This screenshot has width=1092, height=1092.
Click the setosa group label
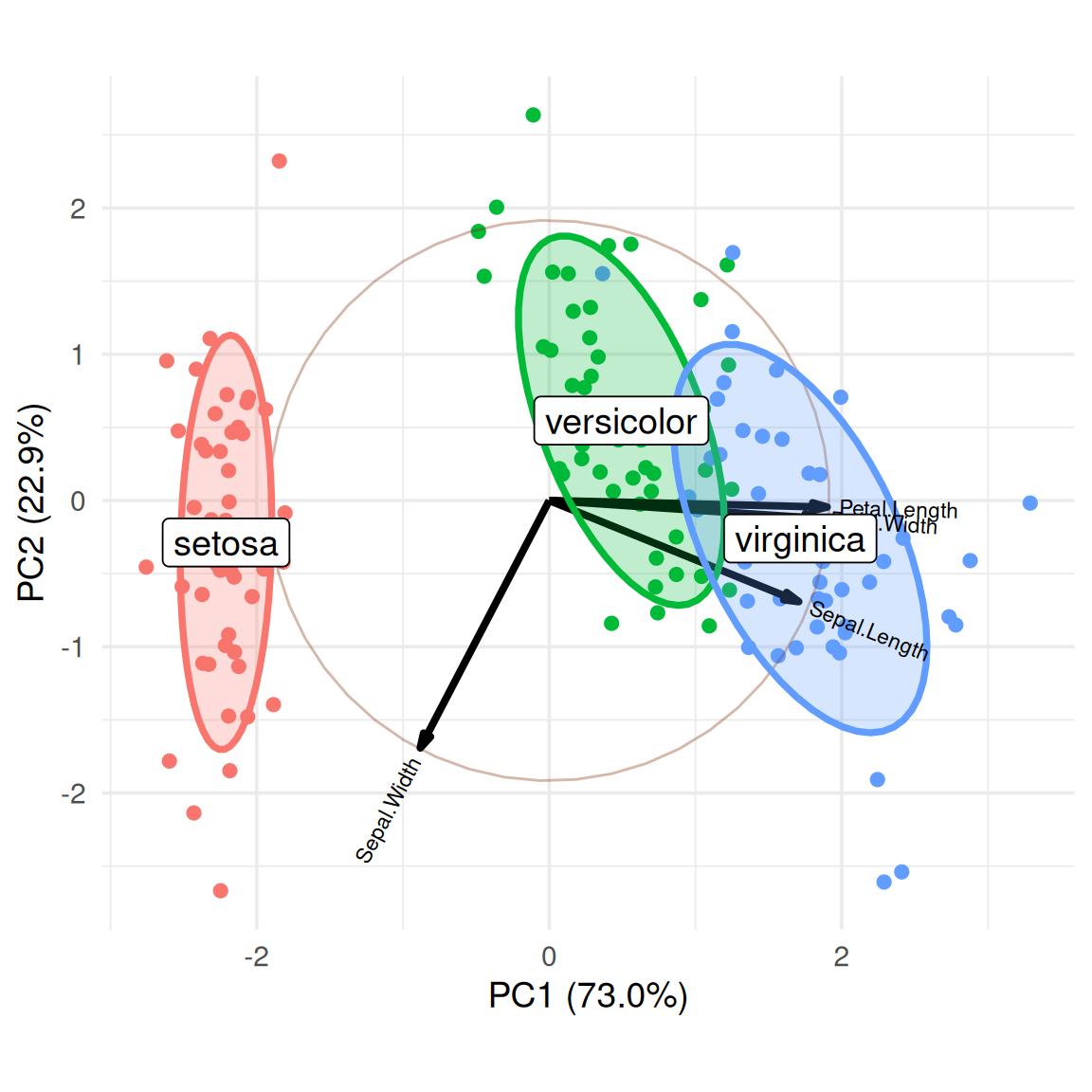click(226, 543)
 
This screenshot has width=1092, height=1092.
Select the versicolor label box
click(621, 422)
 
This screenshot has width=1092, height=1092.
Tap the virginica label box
click(800, 539)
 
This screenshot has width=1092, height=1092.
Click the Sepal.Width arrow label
click(388, 810)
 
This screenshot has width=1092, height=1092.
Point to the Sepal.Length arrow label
click(868, 631)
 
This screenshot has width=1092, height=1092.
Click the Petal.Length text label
click(899, 510)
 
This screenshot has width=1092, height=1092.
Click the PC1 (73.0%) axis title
click(588, 995)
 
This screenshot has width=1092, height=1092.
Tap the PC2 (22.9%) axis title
click(31, 502)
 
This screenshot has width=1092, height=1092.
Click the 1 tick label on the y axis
click(78, 355)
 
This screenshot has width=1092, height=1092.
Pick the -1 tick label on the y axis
click(73, 647)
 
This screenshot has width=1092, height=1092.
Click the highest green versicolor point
click(533, 115)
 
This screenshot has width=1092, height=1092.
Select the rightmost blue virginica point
click(1030, 502)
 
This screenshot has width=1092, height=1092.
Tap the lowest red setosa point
click(221, 890)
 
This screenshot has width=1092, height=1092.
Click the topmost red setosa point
click(279, 161)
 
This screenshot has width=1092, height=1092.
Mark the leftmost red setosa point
click(146, 567)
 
